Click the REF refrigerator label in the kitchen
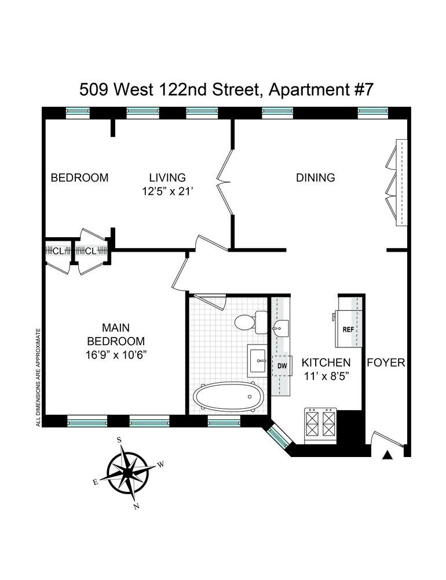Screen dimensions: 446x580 click(348, 329)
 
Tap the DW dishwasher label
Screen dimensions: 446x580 click(282, 366)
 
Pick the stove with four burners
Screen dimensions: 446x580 click(320, 425)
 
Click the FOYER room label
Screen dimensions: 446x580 click(386, 362)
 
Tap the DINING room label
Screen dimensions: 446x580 click(316, 177)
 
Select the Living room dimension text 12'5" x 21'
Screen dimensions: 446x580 click(168, 191)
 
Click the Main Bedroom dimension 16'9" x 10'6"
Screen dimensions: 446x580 click(116, 355)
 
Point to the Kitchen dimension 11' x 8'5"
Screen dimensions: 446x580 click(327, 376)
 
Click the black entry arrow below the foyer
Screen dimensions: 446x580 click(387, 455)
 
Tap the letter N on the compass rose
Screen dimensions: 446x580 click(136, 506)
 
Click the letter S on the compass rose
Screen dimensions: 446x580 click(119, 440)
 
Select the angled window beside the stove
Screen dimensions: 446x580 click(280, 436)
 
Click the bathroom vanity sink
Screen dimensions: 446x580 click(257, 361)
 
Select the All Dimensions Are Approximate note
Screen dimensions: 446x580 click(38, 378)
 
